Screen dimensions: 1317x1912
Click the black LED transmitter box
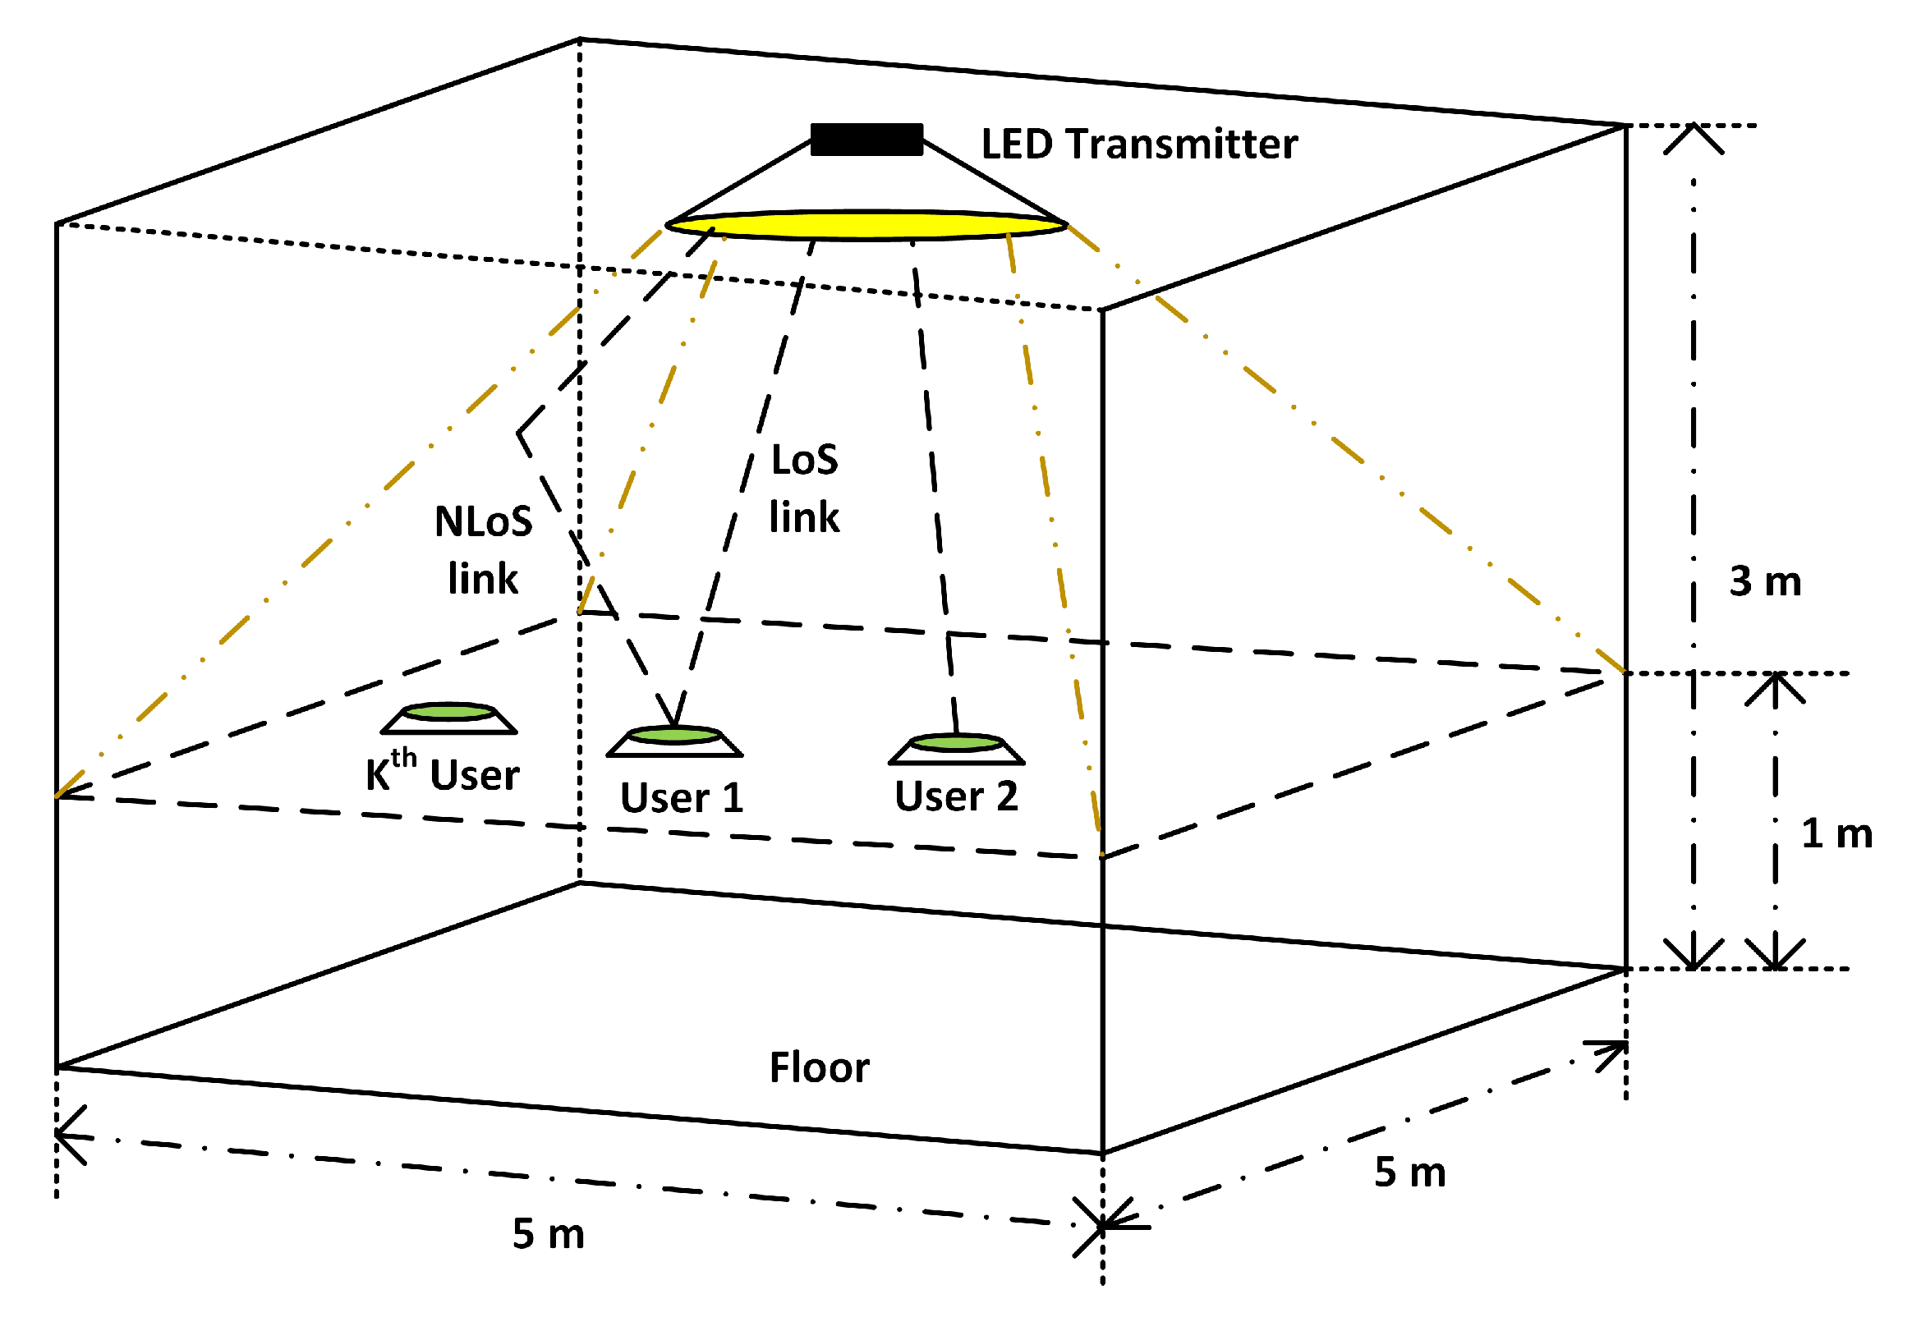tap(866, 140)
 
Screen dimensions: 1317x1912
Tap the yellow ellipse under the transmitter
tap(866, 224)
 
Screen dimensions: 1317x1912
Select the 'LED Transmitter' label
tap(1139, 145)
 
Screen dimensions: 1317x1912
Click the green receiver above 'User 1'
tap(674, 734)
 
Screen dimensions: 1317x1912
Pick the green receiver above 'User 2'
tap(957, 742)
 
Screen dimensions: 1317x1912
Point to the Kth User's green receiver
tap(449, 711)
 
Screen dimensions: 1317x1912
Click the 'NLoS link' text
tap(483, 549)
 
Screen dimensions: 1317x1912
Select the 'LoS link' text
tap(804, 489)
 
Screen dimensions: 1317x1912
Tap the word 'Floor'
tap(819, 1067)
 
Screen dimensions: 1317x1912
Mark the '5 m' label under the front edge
tap(548, 1234)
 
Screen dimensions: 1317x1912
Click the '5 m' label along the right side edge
tap(1409, 1172)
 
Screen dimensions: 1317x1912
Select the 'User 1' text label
tap(682, 798)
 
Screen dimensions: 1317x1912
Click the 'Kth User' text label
tap(443, 773)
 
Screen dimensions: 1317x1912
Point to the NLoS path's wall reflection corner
tap(519, 433)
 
